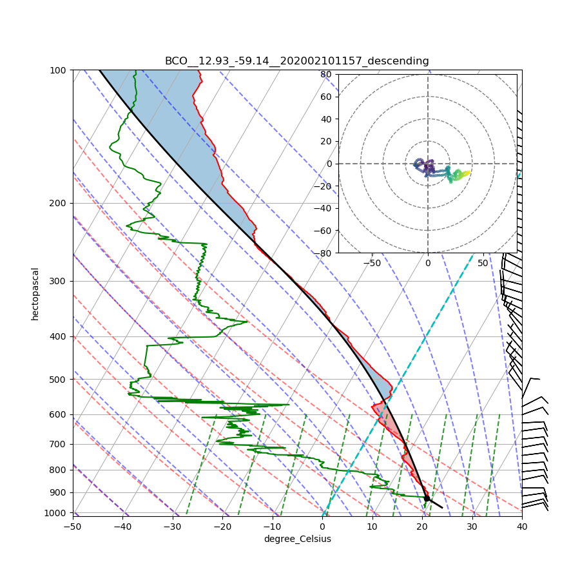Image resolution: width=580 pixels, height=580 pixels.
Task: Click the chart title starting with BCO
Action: click(x=296, y=61)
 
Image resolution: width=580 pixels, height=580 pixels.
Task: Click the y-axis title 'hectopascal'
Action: click(x=35, y=294)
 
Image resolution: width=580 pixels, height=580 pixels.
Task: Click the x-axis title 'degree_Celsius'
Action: click(x=297, y=539)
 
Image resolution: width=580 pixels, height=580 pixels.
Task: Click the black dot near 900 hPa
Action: click(x=427, y=498)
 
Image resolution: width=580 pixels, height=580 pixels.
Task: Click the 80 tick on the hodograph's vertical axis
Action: click(x=326, y=74)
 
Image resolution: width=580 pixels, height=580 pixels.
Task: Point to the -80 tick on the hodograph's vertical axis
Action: click(x=324, y=253)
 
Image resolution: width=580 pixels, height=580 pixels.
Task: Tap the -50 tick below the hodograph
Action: click(x=372, y=263)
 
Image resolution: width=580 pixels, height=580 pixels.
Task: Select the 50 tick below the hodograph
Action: click(x=483, y=263)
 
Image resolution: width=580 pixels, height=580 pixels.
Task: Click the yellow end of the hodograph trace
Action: click(x=469, y=171)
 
